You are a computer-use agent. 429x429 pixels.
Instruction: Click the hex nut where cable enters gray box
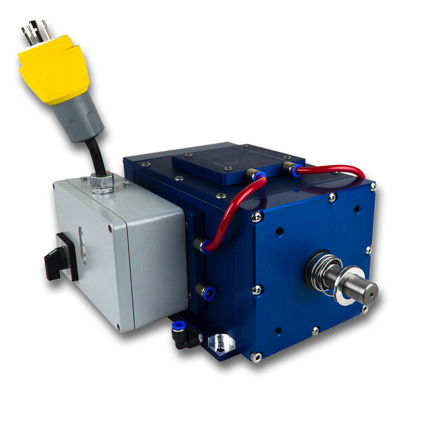click(101, 182)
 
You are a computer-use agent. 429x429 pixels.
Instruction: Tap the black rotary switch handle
click(60, 257)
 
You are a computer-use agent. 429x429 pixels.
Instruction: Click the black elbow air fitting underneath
click(185, 335)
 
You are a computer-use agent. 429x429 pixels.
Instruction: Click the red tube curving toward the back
click(333, 170)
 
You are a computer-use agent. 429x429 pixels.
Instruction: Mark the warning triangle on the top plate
click(226, 163)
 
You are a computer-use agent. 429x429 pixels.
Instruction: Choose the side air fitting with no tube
click(205, 291)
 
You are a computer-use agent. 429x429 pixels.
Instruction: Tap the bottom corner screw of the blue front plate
click(256, 356)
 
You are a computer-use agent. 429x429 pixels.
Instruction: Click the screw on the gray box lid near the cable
click(124, 184)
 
